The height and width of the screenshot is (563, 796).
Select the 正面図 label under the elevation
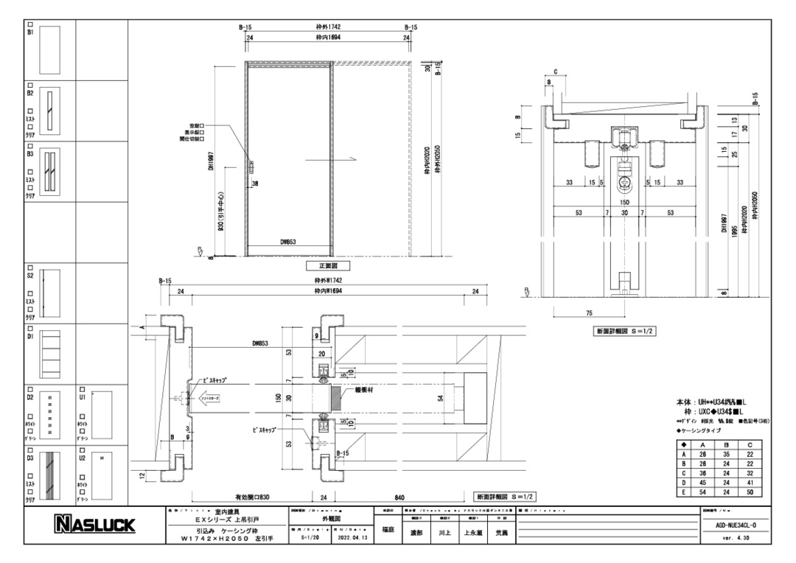coord(327,265)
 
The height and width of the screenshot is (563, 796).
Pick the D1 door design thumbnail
coord(49,352)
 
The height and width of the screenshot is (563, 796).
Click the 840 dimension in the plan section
coord(399,497)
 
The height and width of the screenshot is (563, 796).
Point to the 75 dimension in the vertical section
coord(588,313)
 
